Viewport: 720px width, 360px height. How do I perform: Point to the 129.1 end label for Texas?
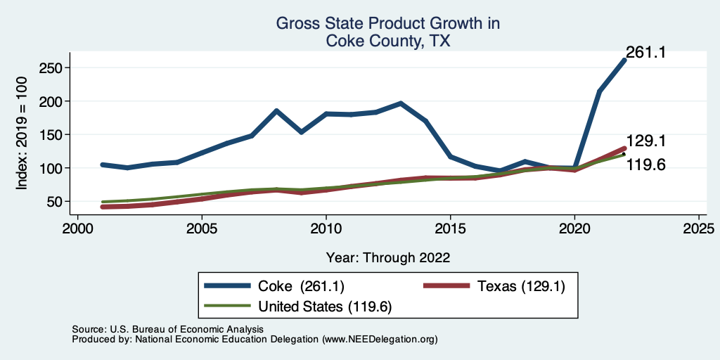click(x=645, y=141)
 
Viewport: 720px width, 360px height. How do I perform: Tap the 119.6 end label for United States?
click(x=645, y=165)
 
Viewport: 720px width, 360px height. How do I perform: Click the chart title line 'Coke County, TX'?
click(x=387, y=41)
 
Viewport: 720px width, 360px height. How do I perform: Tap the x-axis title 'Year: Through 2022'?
click(x=387, y=257)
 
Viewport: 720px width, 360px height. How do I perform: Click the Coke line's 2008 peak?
click(x=276, y=111)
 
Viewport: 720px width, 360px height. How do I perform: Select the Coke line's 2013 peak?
click(x=400, y=103)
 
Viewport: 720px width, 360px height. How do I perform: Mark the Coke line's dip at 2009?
click(x=301, y=131)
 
